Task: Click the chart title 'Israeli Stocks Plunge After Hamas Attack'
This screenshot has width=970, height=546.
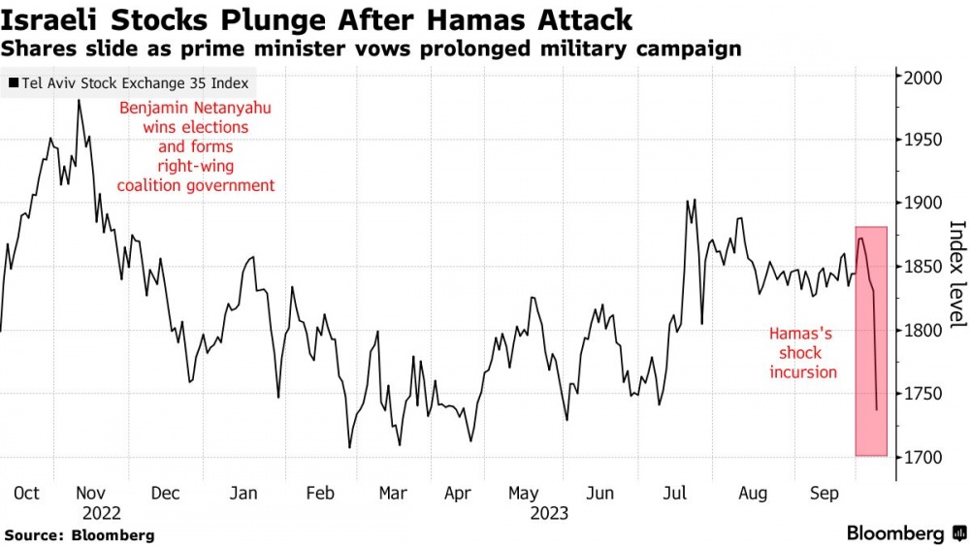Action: pyautogui.click(x=318, y=18)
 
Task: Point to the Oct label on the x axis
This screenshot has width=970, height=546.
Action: pyautogui.click(x=27, y=494)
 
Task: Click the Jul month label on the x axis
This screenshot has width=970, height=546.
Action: pyautogui.click(x=674, y=494)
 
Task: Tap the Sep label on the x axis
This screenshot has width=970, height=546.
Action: pyautogui.click(x=824, y=494)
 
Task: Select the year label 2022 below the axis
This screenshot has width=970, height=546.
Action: pyautogui.click(x=101, y=513)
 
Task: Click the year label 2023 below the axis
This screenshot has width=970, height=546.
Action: pyautogui.click(x=549, y=513)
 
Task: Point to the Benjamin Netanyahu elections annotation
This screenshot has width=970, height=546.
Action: pyautogui.click(x=196, y=146)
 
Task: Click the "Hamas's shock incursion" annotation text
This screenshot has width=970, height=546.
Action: pyautogui.click(x=802, y=352)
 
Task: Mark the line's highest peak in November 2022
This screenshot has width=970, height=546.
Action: pyautogui.click(x=79, y=100)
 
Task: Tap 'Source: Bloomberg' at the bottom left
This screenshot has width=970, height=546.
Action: pyautogui.click(x=80, y=535)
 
